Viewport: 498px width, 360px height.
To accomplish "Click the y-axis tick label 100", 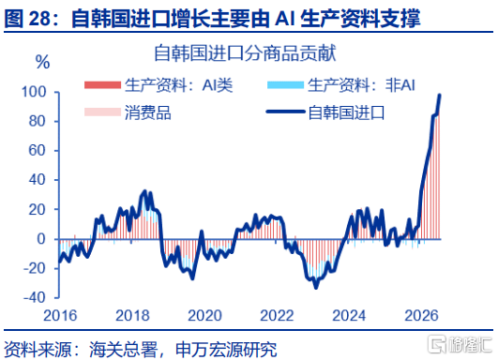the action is tap(34, 92).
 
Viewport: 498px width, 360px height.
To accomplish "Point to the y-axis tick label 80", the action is tap(38, 121).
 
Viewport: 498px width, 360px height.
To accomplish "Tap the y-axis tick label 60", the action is tap(38, 151).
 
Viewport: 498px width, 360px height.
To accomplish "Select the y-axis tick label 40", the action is tap(38, 180).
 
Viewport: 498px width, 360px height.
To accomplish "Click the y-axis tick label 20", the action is tap(38, 209).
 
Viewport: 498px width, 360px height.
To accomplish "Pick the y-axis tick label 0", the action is tap(41, 239).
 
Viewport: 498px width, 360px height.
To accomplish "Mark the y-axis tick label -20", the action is tap(35, 268).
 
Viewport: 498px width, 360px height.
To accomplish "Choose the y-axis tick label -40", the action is tap(35, 298).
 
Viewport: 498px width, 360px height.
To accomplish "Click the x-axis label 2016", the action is tap(60, 316).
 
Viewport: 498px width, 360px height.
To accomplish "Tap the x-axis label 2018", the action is tap(132, 316).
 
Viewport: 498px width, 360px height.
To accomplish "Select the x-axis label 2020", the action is tap(204, 316).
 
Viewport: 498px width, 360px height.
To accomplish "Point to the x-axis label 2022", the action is tap(277, 316).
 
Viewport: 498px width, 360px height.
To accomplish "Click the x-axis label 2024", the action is tap(350, 316).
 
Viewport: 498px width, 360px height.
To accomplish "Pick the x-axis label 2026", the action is tap(422, 316).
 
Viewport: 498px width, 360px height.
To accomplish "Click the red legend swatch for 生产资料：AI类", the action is tap(102, 85).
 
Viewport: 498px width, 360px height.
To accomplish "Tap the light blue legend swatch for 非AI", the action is tap(285, 85).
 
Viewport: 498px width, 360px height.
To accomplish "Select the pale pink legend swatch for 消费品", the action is tap(102, 112).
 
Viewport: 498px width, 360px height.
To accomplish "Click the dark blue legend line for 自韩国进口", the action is tap(285, 112).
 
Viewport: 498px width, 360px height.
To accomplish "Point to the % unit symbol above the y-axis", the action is tap(42, 62).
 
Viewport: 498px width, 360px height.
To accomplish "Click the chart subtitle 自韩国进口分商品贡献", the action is tap(245, 53).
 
